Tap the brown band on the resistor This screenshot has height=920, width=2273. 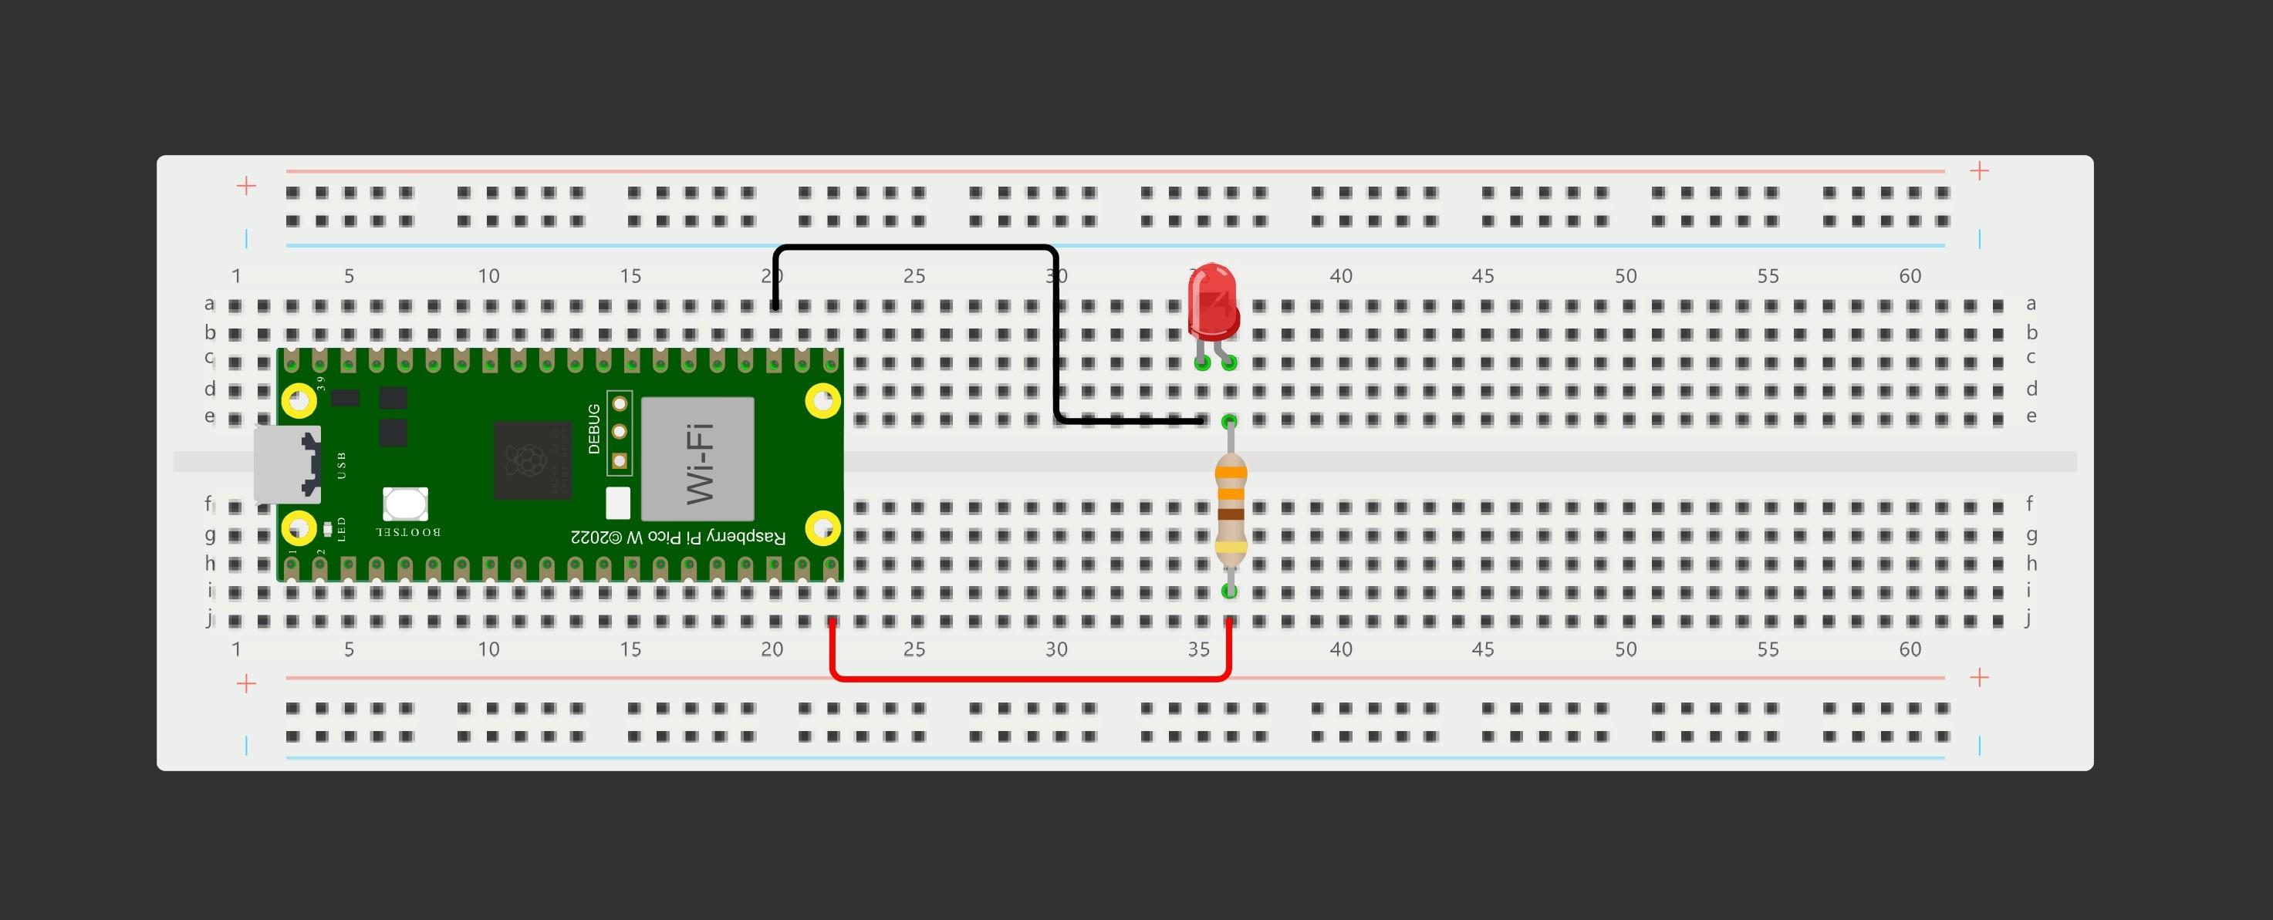point(1230,514)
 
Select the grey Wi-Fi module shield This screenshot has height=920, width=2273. point(697,459)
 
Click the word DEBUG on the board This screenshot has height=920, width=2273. point(594,429)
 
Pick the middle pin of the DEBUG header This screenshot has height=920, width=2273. point(620,432)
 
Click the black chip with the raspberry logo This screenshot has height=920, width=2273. point(532,460)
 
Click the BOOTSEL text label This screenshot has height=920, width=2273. point(407,533)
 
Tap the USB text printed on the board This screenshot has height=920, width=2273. point(342,465)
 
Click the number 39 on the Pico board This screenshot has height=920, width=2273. point(320,382)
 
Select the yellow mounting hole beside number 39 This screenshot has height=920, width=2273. point(299,401)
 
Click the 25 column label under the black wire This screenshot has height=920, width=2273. point(914,276)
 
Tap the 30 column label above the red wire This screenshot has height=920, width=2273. point(1056,649)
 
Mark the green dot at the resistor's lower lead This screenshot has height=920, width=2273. point(1229,591)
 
